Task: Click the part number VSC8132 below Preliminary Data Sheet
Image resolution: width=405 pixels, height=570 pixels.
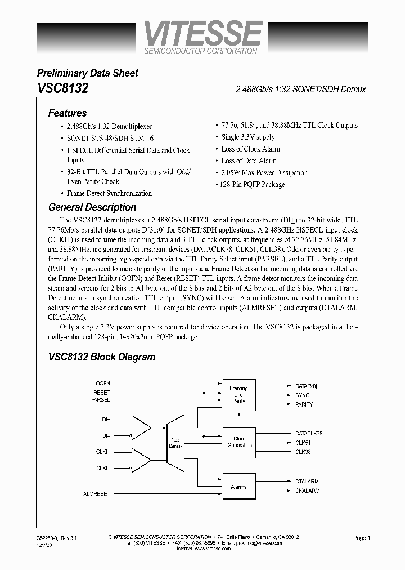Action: [62, 88]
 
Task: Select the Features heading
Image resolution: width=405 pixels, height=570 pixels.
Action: [67, 113]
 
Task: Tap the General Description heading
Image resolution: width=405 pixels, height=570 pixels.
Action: [92, 207]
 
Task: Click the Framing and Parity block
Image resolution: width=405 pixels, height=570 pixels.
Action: [239, 394]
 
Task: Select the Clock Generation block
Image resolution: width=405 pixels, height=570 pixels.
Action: [239, 442]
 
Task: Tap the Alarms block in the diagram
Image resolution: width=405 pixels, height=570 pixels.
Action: [239, 487]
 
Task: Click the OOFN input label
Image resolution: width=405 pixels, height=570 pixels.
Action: [103, 383]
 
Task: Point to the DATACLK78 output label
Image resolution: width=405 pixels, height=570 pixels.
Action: [308, 433]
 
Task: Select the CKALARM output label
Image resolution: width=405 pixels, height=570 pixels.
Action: [307, 491]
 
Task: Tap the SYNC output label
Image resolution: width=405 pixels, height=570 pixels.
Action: [302, 395]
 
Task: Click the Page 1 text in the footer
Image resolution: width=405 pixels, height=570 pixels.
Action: [361, 538]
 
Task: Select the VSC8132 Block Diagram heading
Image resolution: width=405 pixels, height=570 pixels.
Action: [101, 357]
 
